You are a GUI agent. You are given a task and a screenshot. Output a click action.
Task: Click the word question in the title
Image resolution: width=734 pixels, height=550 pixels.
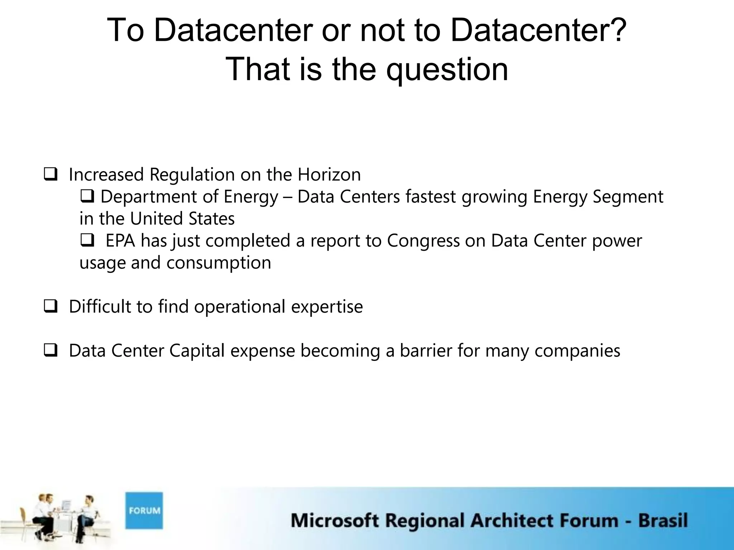click(447, 70)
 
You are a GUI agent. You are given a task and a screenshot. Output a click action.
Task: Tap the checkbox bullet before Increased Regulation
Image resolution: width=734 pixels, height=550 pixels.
click(51, 175)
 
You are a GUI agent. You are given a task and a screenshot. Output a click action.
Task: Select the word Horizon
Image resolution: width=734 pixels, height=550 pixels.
click(329, 175)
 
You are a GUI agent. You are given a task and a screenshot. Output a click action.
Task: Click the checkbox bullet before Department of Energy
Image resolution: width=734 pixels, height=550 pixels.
click(87, 197)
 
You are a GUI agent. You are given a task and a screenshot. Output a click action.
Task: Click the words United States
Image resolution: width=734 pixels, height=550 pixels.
click(182, 219)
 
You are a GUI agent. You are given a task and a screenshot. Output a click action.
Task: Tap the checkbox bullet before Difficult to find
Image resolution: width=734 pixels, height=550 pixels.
click(51, 307)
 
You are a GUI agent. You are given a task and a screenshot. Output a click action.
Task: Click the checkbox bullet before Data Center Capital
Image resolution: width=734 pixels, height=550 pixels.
click(51, 351)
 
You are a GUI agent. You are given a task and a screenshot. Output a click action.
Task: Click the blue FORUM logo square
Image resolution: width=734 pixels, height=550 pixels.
click(144, 510)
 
